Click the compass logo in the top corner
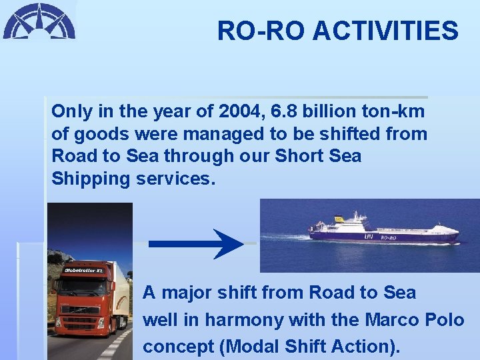pos(39,21)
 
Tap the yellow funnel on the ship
pos(339,219)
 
